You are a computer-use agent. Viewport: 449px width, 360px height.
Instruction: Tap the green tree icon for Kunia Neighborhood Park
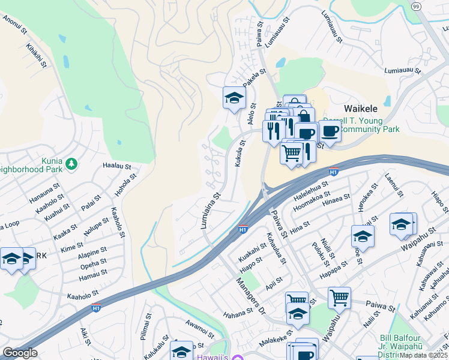pos(71,163)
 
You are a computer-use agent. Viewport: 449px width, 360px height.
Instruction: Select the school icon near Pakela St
pos(234,97)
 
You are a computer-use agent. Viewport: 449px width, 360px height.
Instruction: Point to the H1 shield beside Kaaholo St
pos(96,308)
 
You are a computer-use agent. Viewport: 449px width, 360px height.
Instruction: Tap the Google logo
pos(20,353)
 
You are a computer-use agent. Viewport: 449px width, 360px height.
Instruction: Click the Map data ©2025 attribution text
pos(424,355)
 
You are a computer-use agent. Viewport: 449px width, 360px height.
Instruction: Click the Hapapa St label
pos(334,268)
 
